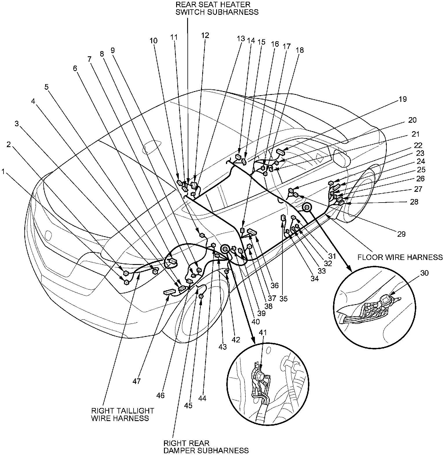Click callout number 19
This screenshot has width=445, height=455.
(402, 99)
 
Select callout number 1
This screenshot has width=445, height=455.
(3, 172)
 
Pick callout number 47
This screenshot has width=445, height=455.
(136, 381)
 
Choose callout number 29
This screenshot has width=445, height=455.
(401, 234)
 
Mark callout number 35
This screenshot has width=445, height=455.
(284, 299)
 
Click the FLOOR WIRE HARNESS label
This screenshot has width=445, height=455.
(400, 257)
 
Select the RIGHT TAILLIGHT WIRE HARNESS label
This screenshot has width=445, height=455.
(123, 414)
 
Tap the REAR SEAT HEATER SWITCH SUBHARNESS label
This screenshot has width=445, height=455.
(217, 8)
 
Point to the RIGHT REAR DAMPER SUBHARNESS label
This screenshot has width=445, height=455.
(206, 447)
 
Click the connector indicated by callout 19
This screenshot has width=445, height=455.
(281, 151)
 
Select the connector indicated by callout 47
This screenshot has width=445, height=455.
(170, 292)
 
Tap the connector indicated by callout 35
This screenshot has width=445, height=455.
(283, 218)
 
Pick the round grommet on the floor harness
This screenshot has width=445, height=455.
(306, 208)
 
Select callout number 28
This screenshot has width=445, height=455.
(414, 202)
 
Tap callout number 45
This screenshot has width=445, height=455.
(188, 405)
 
